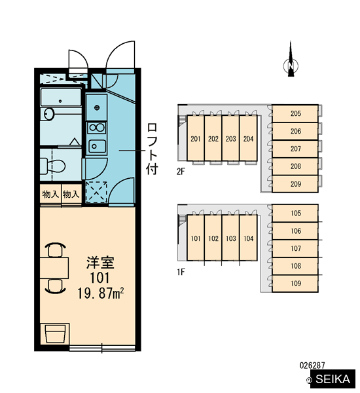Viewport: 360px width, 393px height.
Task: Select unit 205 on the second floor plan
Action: pyautogui.click(x=295, y=113)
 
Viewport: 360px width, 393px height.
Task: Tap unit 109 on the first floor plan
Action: pyautogui.click(x=295, y=284)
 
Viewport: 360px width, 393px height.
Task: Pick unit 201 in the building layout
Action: pyautogui.click(x=196, y=138)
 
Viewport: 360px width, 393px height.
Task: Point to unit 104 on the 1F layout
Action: pyautogui.click(x=248, y=238)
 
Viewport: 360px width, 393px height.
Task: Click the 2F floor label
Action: pyautogui.click(x=181, y=172)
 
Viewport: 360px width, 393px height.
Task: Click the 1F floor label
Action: pyautogui.click(x=181, y=272)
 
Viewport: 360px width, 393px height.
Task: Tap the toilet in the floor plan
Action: pyautogui.click(x=52, y=166)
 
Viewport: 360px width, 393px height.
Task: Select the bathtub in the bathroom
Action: pyautogui.click(x=61, y=97)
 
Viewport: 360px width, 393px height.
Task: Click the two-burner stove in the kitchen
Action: pyautogui.click(x=97, y=128)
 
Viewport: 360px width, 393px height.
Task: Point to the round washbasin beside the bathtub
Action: pyautogui.click(x=48, y=114)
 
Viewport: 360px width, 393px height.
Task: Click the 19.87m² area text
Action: pyautogui.click(x=100, y=293)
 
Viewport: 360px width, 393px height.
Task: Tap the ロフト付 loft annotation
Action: pyautogui.click(x=152, y=149)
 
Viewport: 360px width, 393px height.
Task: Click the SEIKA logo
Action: pyautogui.click(x=333, y=379)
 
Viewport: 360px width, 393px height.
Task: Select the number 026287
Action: pyautogui.click(x=312, y=365)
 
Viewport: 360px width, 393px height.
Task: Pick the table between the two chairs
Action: pyautogui.click(x=54, y=268)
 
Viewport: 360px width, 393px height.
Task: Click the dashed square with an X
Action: pyautogui.click(x=96, y=192)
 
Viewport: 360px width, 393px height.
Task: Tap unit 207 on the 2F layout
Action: pyautogui.click(x=295, y=149)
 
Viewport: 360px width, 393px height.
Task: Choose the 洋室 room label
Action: pyautogui.click(x=100, y=263)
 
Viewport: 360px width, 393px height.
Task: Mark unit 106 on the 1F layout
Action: pyautogui.click(x=295, y=231)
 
